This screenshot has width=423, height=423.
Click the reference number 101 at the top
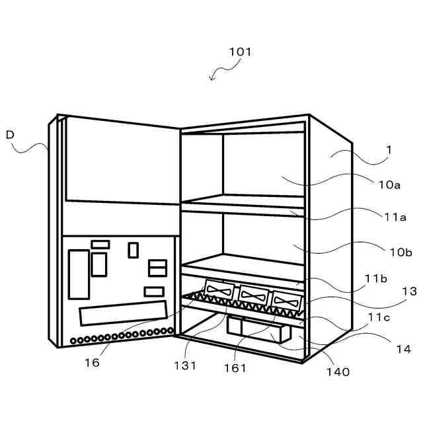point(240,52)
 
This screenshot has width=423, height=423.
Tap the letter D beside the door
point(10,134)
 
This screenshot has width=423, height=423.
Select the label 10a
point(389,185)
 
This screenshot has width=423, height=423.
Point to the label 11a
point(389,216)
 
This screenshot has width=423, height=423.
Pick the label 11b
point(375,278)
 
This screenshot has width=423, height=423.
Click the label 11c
point(379,317)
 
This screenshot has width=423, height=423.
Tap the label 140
point(337,372)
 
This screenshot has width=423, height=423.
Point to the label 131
point(186,365)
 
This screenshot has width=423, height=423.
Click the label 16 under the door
point(92,362)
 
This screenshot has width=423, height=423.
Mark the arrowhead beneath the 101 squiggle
point(211,79)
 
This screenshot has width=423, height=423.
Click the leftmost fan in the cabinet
point(220,291)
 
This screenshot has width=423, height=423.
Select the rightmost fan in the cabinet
point(288,300)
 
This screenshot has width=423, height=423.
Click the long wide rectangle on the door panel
point(123,313)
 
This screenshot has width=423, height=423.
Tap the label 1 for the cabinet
point(389,150)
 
